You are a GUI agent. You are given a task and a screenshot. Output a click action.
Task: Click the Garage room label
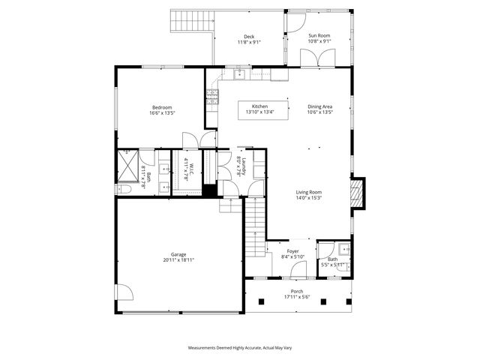[178, 255]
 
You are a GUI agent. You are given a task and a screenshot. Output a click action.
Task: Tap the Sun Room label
[319, 36]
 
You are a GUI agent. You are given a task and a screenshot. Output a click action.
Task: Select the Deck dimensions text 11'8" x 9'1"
[248, 43]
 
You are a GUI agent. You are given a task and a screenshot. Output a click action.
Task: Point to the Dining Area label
[319, 106]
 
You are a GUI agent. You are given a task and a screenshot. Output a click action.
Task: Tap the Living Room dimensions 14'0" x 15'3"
[308, 198]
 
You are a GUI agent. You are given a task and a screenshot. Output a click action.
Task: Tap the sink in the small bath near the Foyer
[342, 248]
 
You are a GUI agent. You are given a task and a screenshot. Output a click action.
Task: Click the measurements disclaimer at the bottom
[239, 348]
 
